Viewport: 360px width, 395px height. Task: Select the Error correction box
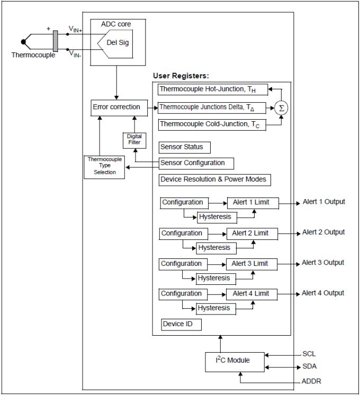tap(116, 107)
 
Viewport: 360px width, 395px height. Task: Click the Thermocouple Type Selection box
tap(105, 166)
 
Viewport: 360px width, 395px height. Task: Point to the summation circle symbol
tap(281, 107)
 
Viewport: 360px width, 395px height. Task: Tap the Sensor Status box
tap(181, 147)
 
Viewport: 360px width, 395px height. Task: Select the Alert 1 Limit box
tap(251, 203)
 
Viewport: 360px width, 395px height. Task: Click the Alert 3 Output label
tap(323, 263)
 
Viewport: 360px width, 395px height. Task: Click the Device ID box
tap(181, 324)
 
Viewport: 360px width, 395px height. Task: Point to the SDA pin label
tap(309, 366)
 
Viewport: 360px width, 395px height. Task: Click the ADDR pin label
tap(311, 381)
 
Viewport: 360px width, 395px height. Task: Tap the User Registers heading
tap(181, 76)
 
